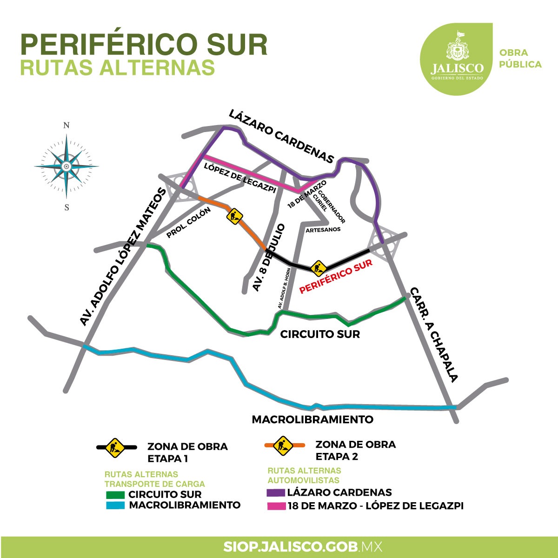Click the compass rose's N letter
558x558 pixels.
coord(66,126)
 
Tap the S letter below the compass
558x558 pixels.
coord(67,207)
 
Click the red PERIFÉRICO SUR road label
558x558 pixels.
coord(336,276)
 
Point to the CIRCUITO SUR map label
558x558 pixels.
coord(320,334)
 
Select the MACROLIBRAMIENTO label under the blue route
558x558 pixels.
coord(312,419)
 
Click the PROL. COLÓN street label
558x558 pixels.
coord(189,222)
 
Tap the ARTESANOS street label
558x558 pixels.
coord(323,229)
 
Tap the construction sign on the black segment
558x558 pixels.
coord(318,267)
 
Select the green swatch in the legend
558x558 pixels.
coord(115,495)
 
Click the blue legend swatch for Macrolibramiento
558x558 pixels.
coord(115,505)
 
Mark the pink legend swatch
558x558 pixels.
coord(275,506)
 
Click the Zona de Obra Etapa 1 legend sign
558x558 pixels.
coord(115,447)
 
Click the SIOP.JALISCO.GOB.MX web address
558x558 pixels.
coord(302,546)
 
